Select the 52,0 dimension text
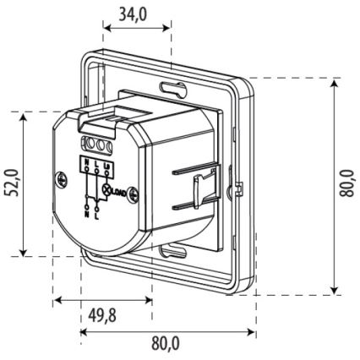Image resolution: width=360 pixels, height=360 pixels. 9,182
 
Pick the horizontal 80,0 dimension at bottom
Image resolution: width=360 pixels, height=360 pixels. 166,343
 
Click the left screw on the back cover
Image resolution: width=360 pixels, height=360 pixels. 62,179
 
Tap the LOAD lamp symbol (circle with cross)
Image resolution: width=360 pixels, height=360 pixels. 107,191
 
